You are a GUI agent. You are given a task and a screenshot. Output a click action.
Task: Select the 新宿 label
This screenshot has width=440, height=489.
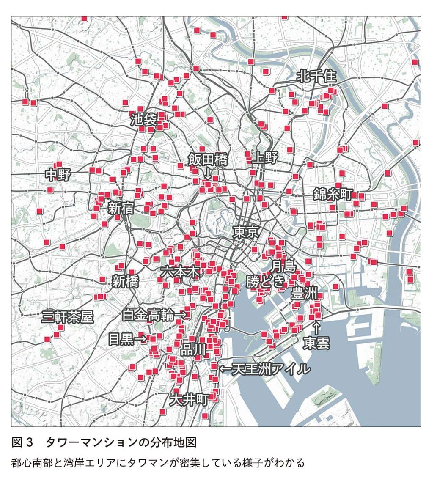tap(121, 208)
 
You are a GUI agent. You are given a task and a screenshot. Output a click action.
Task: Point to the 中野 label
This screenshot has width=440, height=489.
tap(58, 175)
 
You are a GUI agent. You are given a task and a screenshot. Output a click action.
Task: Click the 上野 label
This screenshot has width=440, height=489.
tap(264, 158)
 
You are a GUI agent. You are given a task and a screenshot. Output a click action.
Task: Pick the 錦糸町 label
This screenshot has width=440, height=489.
tap(333, 194)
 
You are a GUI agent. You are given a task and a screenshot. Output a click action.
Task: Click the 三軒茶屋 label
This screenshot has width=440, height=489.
tap(68, 317)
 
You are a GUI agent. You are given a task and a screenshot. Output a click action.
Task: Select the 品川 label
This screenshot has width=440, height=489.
tap(193, 350)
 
